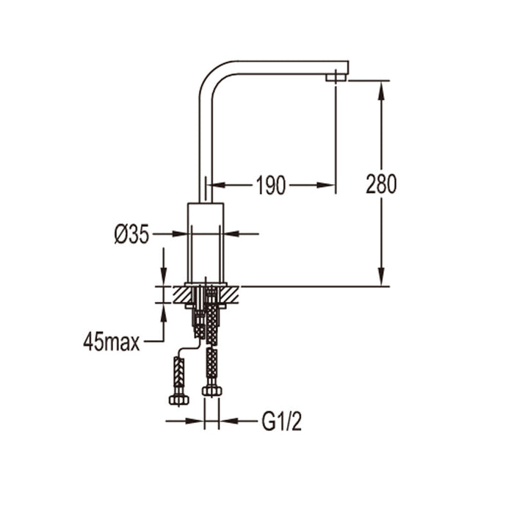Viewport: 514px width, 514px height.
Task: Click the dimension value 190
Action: [x=270, y=186]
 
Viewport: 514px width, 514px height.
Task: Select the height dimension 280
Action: [x=381, y=184]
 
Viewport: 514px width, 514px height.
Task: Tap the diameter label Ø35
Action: [x=132, y=234]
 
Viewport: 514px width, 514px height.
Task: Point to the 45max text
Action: [x=111, y=342]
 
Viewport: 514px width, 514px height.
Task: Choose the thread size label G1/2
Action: [x=282, y=421]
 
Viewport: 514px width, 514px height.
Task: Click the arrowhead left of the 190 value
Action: [x=218, y=186]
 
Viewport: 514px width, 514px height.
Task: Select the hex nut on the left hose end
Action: [x=178, y=399]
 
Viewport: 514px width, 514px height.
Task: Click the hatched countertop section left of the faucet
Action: [x=181, y=294]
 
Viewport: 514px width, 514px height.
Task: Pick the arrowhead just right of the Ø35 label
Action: [x=181, y=234]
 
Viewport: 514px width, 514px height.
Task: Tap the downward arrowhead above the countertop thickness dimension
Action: [x=163, y=278]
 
